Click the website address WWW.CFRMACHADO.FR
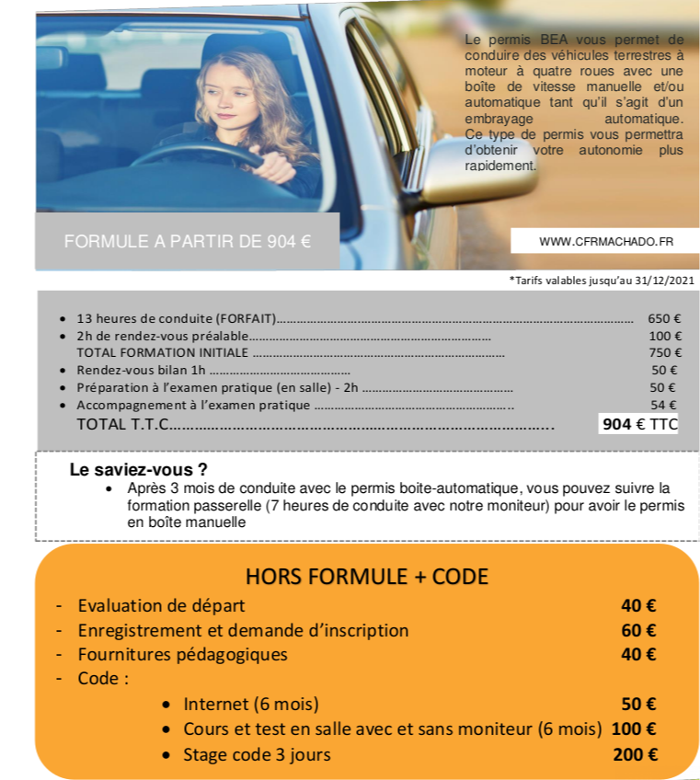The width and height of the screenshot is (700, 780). (x=605, y=241)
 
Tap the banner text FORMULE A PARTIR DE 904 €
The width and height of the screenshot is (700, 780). (x=188, y=242)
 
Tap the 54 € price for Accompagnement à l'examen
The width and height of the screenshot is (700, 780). (x=663, y=405)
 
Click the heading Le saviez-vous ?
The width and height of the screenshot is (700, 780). (x=139, y=470)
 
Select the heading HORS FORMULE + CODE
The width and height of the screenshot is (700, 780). (x=367, y=577)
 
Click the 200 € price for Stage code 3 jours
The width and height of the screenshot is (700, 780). (x=635, y=755)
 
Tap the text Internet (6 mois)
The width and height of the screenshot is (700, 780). (x=251, y=705)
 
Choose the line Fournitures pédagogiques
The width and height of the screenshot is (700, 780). (x=182, y=655)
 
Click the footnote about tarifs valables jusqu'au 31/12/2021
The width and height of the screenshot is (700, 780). (x=602, y=281)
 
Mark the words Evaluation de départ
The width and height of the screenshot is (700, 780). (x=161, y=606)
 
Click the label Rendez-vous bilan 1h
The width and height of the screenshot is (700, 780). (x=143, y=370)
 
